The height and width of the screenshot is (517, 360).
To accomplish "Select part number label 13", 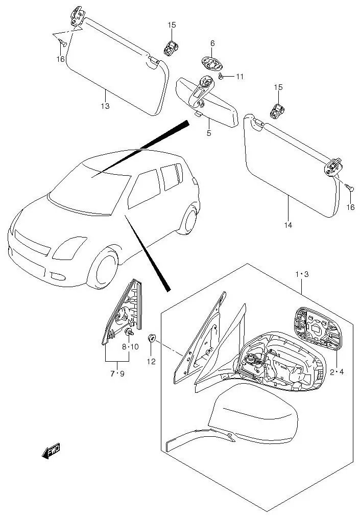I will pos(105,106).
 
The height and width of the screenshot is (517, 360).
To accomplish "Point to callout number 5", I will pos(209,133).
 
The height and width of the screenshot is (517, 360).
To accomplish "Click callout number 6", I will pos(212,44).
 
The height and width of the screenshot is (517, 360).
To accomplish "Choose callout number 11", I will pos(239,77).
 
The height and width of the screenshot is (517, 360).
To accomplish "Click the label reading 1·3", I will pos(302,274).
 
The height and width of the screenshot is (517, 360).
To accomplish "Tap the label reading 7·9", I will pos(117,373).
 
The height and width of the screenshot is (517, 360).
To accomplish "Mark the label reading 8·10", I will pos(130,347).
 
